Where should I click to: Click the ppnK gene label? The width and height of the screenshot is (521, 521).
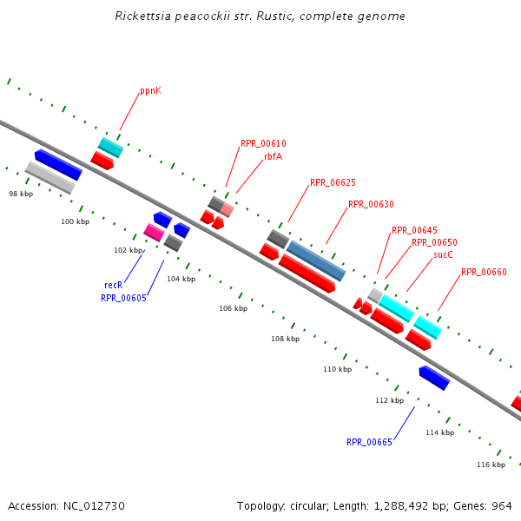point(150,91)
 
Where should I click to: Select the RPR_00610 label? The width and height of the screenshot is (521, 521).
point(263,144)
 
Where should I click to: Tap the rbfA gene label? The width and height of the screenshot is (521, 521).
point(273,157)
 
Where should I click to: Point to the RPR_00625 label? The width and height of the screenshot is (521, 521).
point(333,183)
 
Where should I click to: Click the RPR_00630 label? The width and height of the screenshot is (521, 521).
point(371,205)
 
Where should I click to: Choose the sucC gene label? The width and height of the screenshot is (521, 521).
point(443,255)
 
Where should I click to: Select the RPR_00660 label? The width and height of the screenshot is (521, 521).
point(484,273)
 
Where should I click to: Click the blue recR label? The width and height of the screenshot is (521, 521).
point(113,285)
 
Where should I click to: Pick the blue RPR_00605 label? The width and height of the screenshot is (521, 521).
point(123,298)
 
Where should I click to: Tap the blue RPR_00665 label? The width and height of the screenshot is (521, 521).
point(369,443)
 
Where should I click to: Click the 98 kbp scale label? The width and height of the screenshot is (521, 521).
point(20,194)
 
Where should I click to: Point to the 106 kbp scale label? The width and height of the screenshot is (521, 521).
point(233,309)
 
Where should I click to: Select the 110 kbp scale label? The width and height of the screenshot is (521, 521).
point(337,370)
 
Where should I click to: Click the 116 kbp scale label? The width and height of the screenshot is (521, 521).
point(491,465)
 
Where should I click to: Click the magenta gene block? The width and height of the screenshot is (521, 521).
point(154,232)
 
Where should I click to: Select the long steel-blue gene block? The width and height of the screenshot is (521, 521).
point(316,260)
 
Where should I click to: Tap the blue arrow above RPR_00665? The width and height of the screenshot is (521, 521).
point(434,378)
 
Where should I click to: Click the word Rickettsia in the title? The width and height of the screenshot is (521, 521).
point(142,16)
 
